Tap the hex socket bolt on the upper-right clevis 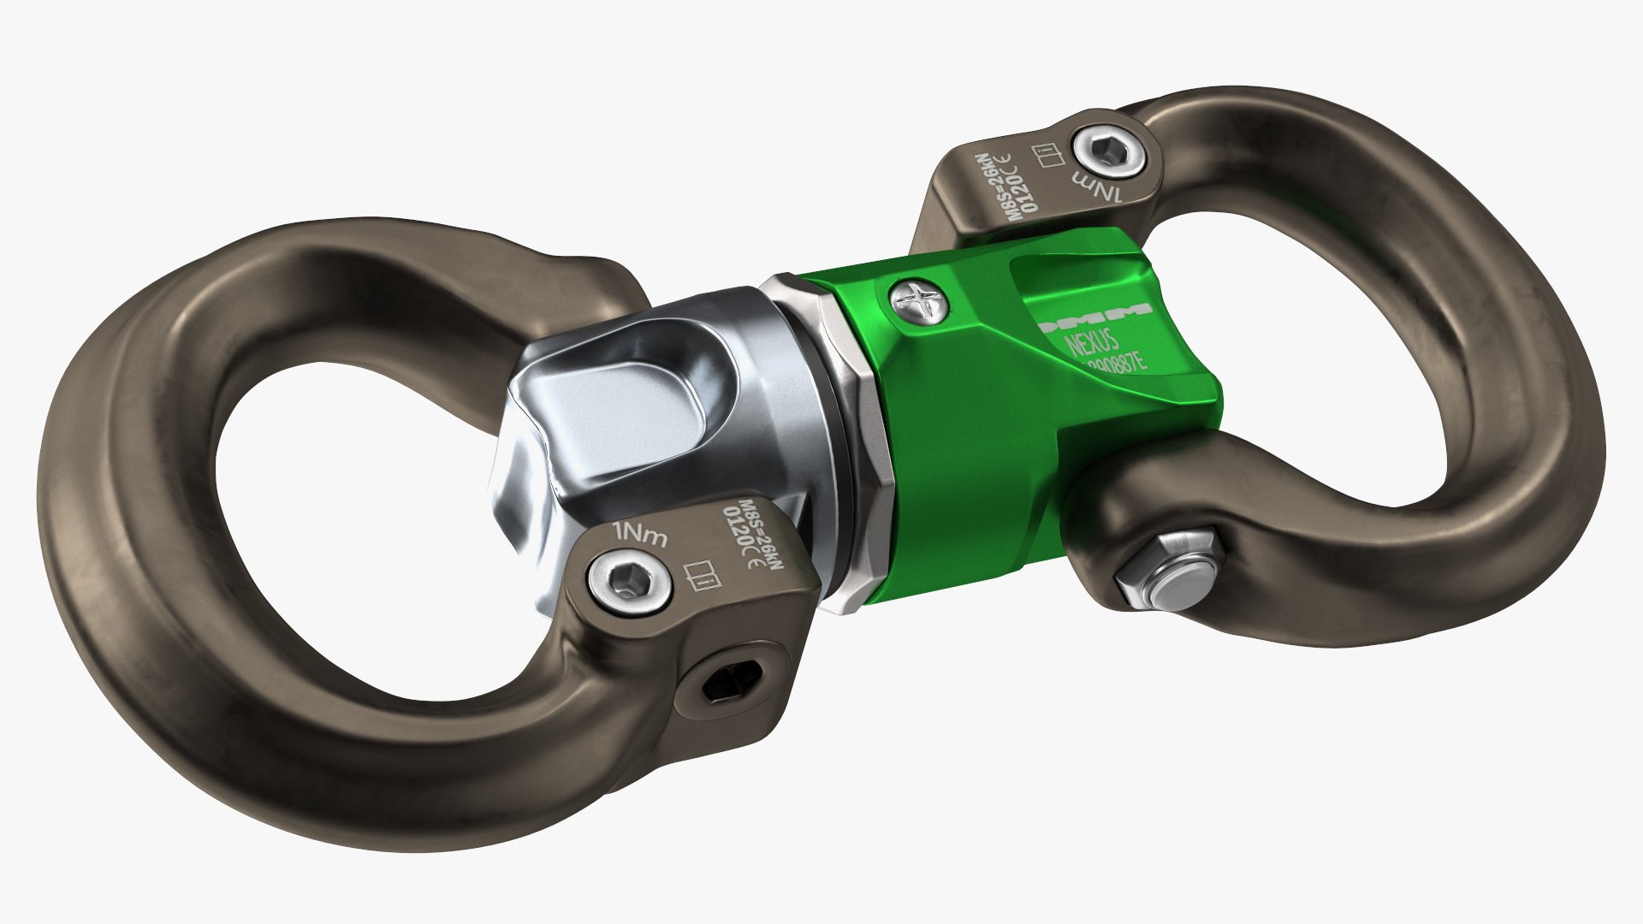[1109, 154]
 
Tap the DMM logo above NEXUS [1094, 323]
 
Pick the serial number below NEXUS [1112, 365]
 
